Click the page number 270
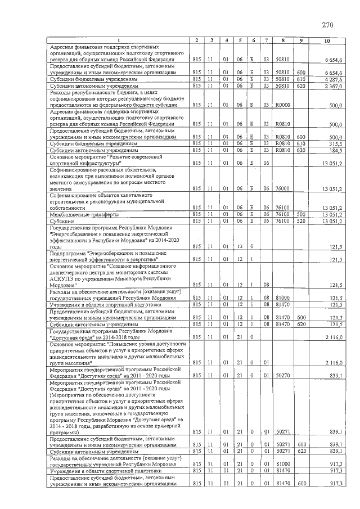328,25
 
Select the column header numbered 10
328,40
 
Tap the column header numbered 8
283,40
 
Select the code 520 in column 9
301,221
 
